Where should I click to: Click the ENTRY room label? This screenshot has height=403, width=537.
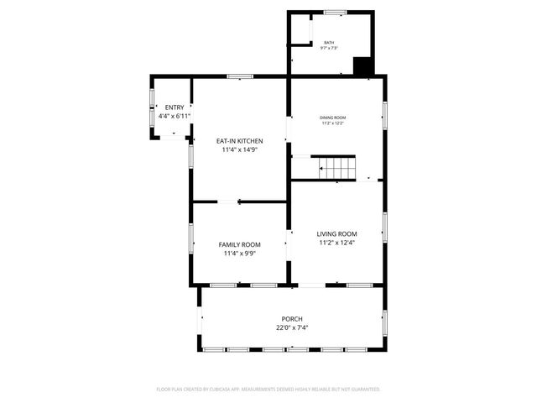tap(175, 107)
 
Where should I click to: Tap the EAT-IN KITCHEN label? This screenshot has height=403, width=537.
tap(240, 141)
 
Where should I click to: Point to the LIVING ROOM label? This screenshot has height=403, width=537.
tap(336, 233)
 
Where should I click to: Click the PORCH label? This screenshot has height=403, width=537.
tap(292, 319)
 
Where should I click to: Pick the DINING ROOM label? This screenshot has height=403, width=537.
tap(332, 118)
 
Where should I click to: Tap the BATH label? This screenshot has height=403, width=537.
tap(329, 41)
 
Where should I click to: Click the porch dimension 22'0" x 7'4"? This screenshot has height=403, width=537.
tap(292, 328)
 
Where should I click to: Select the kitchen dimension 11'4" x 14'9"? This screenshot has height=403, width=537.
tap(240, 150)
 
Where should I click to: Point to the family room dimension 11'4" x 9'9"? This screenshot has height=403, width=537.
tap(240, 253)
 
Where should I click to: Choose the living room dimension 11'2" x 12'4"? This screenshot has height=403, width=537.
tap(336, 243)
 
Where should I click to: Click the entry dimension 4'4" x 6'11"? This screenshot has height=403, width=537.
tap(175, 116)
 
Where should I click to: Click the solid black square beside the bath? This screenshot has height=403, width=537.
tap(362, 66)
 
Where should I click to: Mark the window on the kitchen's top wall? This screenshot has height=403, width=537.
tap(240, 77)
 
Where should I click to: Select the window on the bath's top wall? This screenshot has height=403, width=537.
tap(336, 13)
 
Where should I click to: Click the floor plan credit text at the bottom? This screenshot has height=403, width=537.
tap(268, 390)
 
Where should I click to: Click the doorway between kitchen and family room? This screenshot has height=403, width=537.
tap(229, 201)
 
